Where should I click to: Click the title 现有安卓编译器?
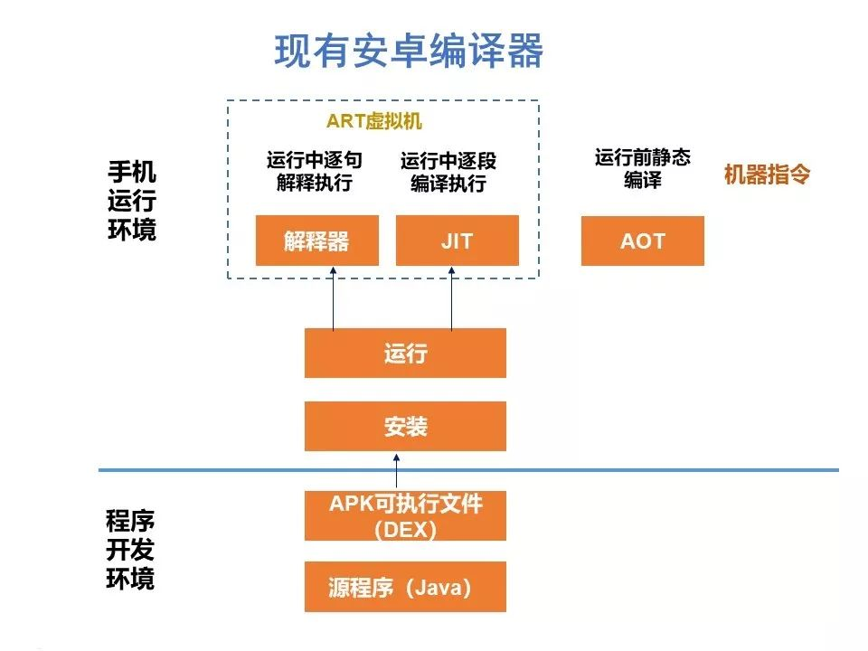[409, 51]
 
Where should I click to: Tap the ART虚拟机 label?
[374, 120]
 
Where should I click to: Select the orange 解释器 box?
[317, 241]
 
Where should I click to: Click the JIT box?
[458, 241]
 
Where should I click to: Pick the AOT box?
[643, 241]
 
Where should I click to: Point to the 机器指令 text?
[767, 175]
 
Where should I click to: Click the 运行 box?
[405, 354]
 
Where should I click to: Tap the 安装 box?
[405, 426]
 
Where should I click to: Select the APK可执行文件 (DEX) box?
[405, 516]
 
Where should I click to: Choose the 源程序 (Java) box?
[405, 587]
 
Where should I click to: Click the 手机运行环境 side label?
[132, 201]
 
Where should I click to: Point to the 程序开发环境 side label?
[130, 550]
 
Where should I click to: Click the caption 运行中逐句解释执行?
[315, 171]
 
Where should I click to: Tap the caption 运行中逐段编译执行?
[448, 172]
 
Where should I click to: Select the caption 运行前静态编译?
[643, 168]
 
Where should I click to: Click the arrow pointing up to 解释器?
[334, 299]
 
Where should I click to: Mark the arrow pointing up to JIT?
[452, 299]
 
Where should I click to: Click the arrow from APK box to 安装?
[396, 471]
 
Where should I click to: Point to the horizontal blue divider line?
[469, 470]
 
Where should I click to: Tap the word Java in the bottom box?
[439, 588]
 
